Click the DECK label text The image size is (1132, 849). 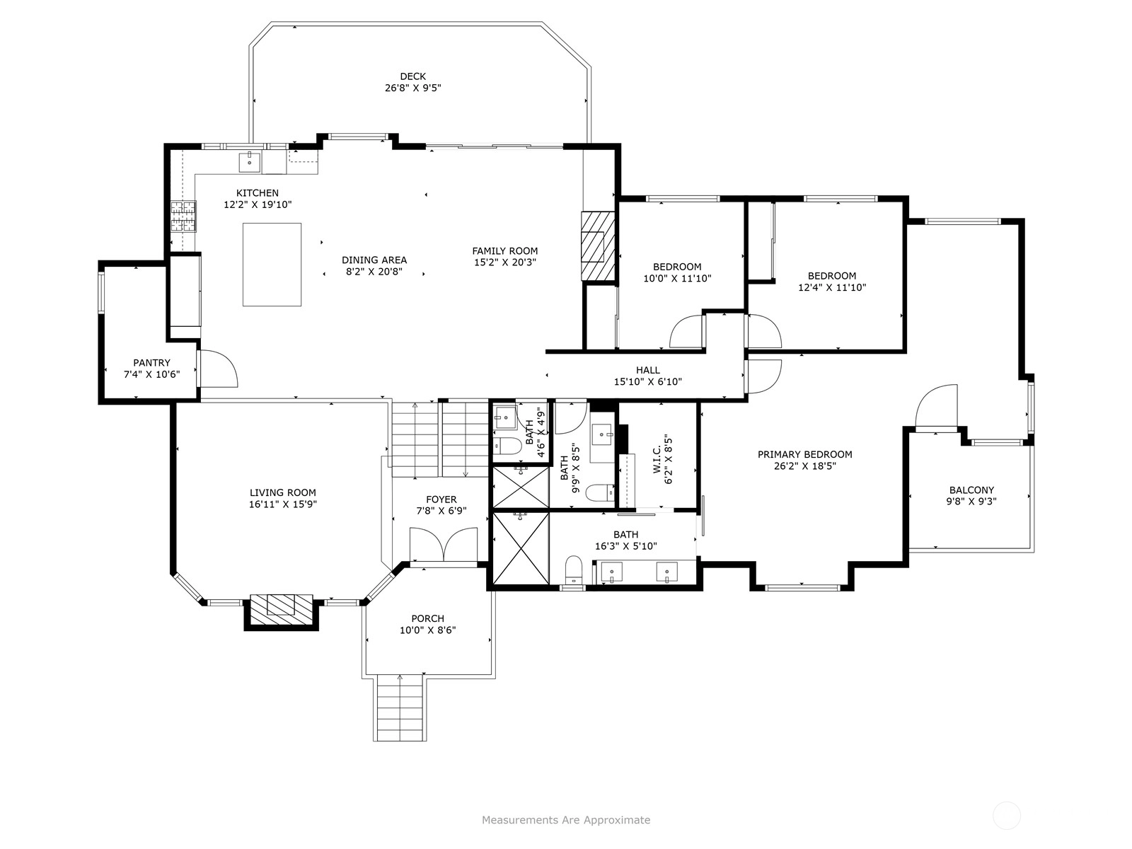(x=412, y=77)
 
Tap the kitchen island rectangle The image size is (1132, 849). (x=272, y=265)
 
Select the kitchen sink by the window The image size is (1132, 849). (x=250, y=162)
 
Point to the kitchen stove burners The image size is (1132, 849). (x=183, y=216)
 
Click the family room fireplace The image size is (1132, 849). (x=599, y=246)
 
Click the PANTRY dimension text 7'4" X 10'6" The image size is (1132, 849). (x=151, y=374)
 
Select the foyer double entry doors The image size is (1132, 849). (x=443, y=544)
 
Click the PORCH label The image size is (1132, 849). (x=427, y=618)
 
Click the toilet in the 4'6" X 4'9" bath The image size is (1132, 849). (x=507, y=446)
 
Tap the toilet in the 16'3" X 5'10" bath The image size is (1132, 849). (x=573, y=570)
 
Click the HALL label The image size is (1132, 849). (x=648, y=370)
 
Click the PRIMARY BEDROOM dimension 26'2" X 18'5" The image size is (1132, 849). (x=804, y=466)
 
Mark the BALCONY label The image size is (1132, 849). (x=971, y=490)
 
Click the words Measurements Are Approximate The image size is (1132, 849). (x=566, y=819)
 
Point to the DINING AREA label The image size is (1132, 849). (x=374, y=260)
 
